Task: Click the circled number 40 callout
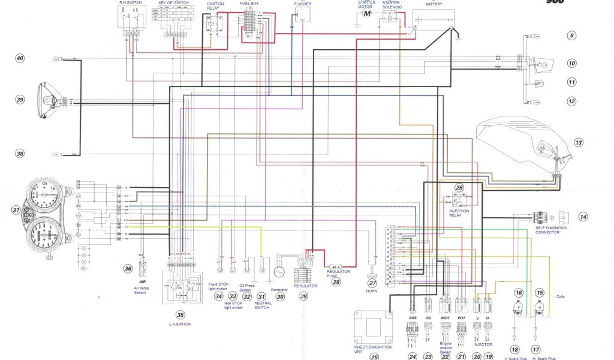click(20, 58)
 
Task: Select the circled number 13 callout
click(577, 143)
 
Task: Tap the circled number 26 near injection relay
click(459, 188)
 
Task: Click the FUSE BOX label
click(249, 4)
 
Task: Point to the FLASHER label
click(302, 4)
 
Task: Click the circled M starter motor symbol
click(367, 13)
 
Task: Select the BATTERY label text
click(434, 4)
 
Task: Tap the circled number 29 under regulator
click(303, 296)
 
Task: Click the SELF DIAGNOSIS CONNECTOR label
click(551, 230)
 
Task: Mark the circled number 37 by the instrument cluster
click(16, 211)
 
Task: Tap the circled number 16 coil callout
click(519, 292)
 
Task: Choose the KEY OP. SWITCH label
click(173, 3)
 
